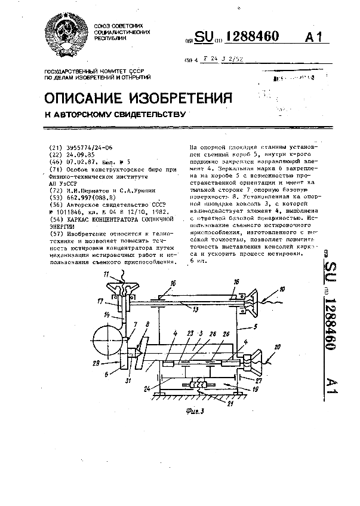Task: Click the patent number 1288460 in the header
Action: point(247,37)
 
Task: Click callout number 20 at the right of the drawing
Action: point(278,346)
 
